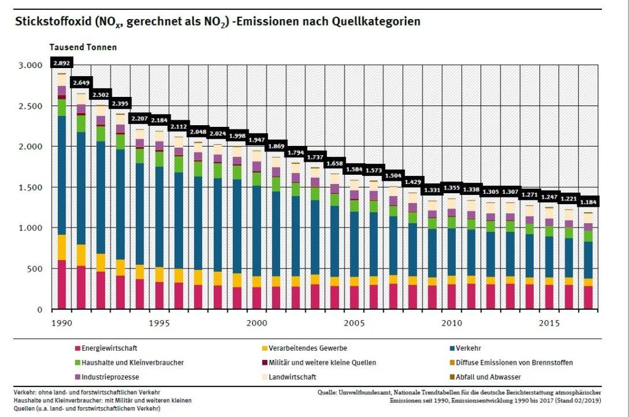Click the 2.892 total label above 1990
pos(62,63)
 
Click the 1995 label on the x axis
pos(160,323)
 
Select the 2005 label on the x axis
pos(354,323)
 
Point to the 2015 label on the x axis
pos(549,323)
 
